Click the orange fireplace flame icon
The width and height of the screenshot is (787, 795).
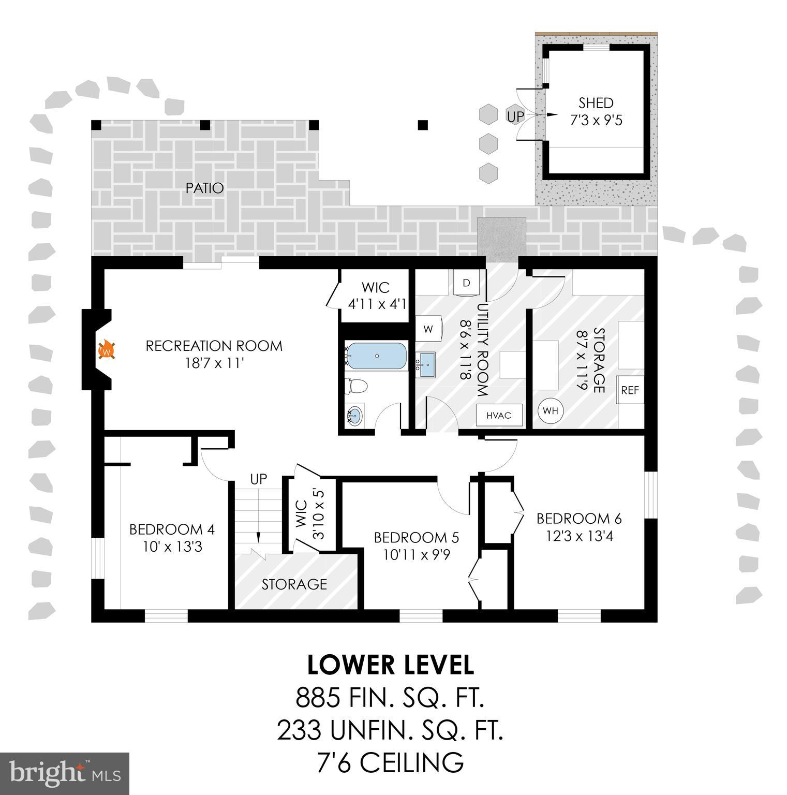click(106, 350)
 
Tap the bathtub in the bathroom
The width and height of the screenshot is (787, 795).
click(376, 356)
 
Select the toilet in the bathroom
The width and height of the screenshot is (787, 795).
click(357, 385)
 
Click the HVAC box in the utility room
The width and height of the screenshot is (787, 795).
click(499, 415)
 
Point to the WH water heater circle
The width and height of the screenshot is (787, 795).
click(551, 410)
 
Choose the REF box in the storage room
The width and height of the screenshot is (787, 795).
click(630, 390)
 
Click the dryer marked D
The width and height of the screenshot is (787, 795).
click(467, 283)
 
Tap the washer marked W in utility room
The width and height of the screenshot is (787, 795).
click(428, 329)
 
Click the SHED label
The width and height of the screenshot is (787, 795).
click(596, 103)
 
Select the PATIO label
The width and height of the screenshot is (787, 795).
click(205, 188)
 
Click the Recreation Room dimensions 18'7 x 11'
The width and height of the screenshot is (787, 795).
click(214, 363)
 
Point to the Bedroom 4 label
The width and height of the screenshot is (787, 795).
click(172, 529)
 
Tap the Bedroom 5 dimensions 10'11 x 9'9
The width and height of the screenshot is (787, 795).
click(417, 555)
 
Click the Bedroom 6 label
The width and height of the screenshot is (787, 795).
click(579, 518)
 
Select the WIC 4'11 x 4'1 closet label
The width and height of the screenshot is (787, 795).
click(376, 295)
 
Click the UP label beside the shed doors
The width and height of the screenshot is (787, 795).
click(515, 117)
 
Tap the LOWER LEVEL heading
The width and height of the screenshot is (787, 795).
click(391, 665)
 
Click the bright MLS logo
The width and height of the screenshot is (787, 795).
click(65, 773)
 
